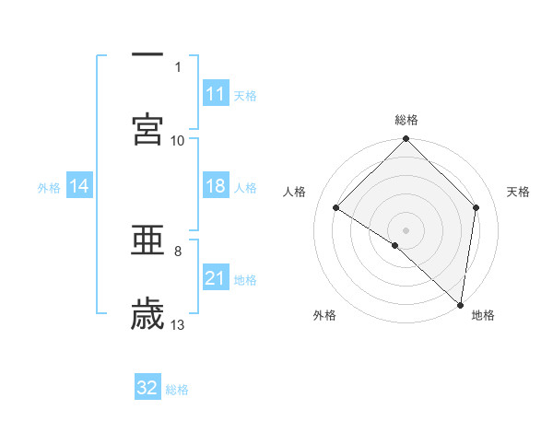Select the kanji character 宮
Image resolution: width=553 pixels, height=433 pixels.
[147, 130]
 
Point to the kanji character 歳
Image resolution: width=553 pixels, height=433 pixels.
[147, 314]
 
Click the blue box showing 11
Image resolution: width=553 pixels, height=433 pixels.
[216, 94]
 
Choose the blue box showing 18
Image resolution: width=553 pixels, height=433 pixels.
[216, 186]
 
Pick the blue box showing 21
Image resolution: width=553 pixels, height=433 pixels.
[216, 278]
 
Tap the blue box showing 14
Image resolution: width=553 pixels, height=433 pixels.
[79, 187]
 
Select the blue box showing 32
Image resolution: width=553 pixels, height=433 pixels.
[147, 388]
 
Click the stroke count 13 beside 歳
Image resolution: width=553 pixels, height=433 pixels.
[179, 324]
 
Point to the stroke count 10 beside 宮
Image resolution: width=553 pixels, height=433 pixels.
[178, 140]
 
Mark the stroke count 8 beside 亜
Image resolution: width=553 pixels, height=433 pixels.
[178, 250]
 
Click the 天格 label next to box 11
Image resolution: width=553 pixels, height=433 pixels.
[245, 95]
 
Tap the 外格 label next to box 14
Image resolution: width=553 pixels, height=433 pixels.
[49, 188]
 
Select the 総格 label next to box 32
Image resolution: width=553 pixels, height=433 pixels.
[177, 390]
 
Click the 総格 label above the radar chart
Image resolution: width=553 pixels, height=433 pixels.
[406, 120]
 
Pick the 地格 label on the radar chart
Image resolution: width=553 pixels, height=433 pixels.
[483, 315]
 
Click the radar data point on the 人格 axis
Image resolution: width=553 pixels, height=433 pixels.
[336, 208]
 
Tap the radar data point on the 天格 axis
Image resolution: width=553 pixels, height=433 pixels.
[477, 207]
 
